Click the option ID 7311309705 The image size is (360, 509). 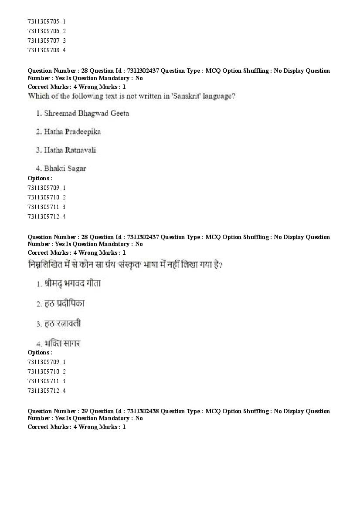(x=44, y=21)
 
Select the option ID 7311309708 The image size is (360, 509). (x=44, y=50)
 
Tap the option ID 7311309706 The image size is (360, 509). (x=44, y=31)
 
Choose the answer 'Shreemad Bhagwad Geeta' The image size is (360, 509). (x=87, y=113)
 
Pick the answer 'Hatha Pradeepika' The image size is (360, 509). (x=72, y=131)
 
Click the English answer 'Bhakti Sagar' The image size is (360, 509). (x=65, y=169)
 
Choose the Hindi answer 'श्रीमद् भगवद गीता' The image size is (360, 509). (x=72, y=283)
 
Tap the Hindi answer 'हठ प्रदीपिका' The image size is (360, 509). (x=64, y=303)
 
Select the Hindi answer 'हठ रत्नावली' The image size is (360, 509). (x=62, y=324)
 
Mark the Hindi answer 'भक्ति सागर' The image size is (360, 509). (x=62, y=344)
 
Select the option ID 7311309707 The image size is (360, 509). (x=44, y=40)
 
